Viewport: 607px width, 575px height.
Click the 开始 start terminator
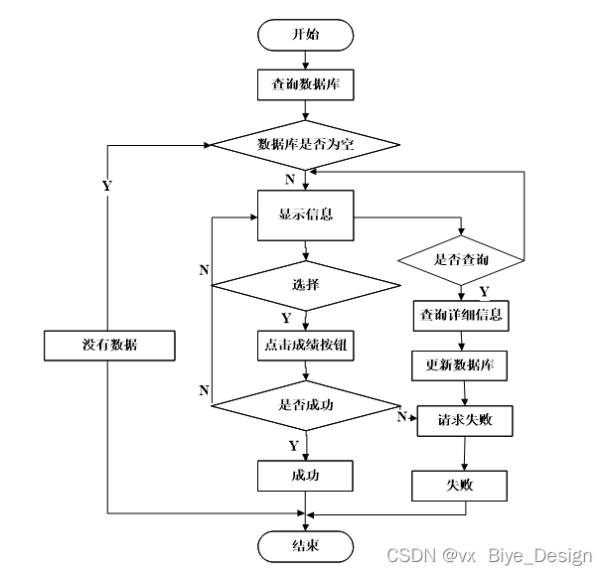coord(306,35)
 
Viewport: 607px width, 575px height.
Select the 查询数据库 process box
coord(306,84)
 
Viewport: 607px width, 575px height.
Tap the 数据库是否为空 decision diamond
coord(306,145)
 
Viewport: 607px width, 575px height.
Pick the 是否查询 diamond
coord(462,261)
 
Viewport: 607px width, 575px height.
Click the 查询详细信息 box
coord(462,316)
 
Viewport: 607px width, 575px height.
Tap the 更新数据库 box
coord(460,365)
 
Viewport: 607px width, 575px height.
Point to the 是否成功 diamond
coord(306,405)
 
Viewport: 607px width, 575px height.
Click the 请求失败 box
coord(462,421)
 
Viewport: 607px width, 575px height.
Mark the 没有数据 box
coord(109,345)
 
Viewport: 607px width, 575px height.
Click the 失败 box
coord(460,485)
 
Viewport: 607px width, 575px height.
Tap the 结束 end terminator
coord(306,545)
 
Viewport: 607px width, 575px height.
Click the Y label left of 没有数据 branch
coord(106,186)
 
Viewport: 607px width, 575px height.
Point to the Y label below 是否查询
coord(484,292)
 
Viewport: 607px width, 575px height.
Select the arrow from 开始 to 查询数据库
coord(306,60)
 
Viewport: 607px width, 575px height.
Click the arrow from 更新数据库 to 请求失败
coord(461,392)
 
